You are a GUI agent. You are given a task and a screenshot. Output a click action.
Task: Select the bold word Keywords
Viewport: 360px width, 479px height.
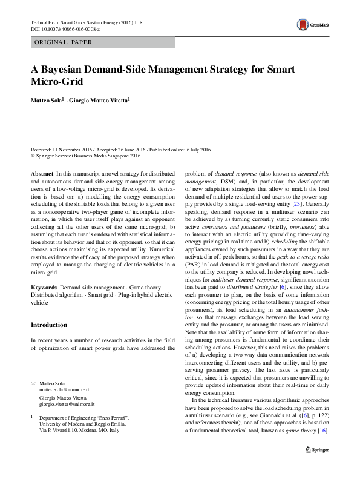pyautogui.click(x=44, y=285)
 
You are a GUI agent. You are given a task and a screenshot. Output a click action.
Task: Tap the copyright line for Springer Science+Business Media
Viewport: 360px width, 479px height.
pyautogui.click(x=85, y=156)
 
